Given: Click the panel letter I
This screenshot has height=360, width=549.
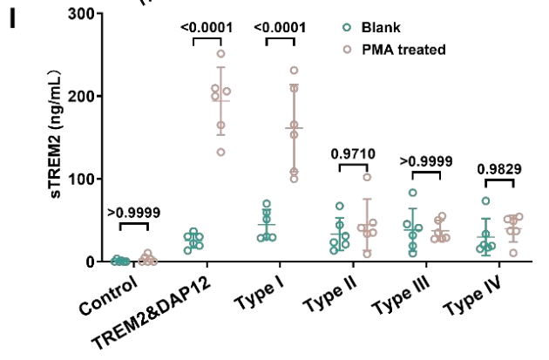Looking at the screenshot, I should tap(12, 19).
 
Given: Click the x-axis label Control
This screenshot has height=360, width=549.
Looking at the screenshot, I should tap(108, 296).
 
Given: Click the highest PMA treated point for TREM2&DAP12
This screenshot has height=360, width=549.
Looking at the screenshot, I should tap(220, 54).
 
